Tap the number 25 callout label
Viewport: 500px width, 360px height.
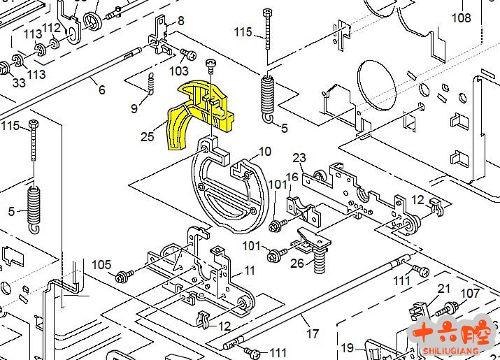pos(148,136)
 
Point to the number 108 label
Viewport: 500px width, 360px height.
pos(462,17)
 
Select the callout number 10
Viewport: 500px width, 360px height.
pos(265,151)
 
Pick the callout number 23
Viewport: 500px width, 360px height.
pos(299,157)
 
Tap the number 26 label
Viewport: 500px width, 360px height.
pos(297,264)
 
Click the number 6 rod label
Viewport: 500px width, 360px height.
pos(101,89)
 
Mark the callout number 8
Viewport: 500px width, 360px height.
pos(181,21)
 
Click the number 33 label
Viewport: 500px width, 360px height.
pos(19,82)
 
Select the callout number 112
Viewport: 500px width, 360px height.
pos(51,28)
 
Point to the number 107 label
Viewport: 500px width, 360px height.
pos(470,294)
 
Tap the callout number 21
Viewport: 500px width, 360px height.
pos(444,289)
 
